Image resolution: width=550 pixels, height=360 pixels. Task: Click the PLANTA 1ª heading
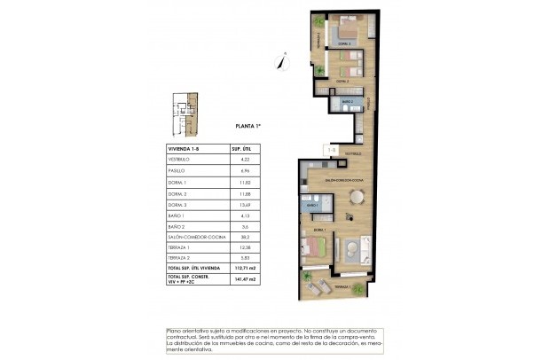coord(252,127)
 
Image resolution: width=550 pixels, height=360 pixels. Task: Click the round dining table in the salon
coord(356,197)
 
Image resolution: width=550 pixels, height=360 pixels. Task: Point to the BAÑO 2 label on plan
coord(347,102)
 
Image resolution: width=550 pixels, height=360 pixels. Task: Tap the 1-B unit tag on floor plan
coord(330,152)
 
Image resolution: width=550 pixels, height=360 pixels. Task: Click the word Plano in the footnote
coord(177,332)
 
